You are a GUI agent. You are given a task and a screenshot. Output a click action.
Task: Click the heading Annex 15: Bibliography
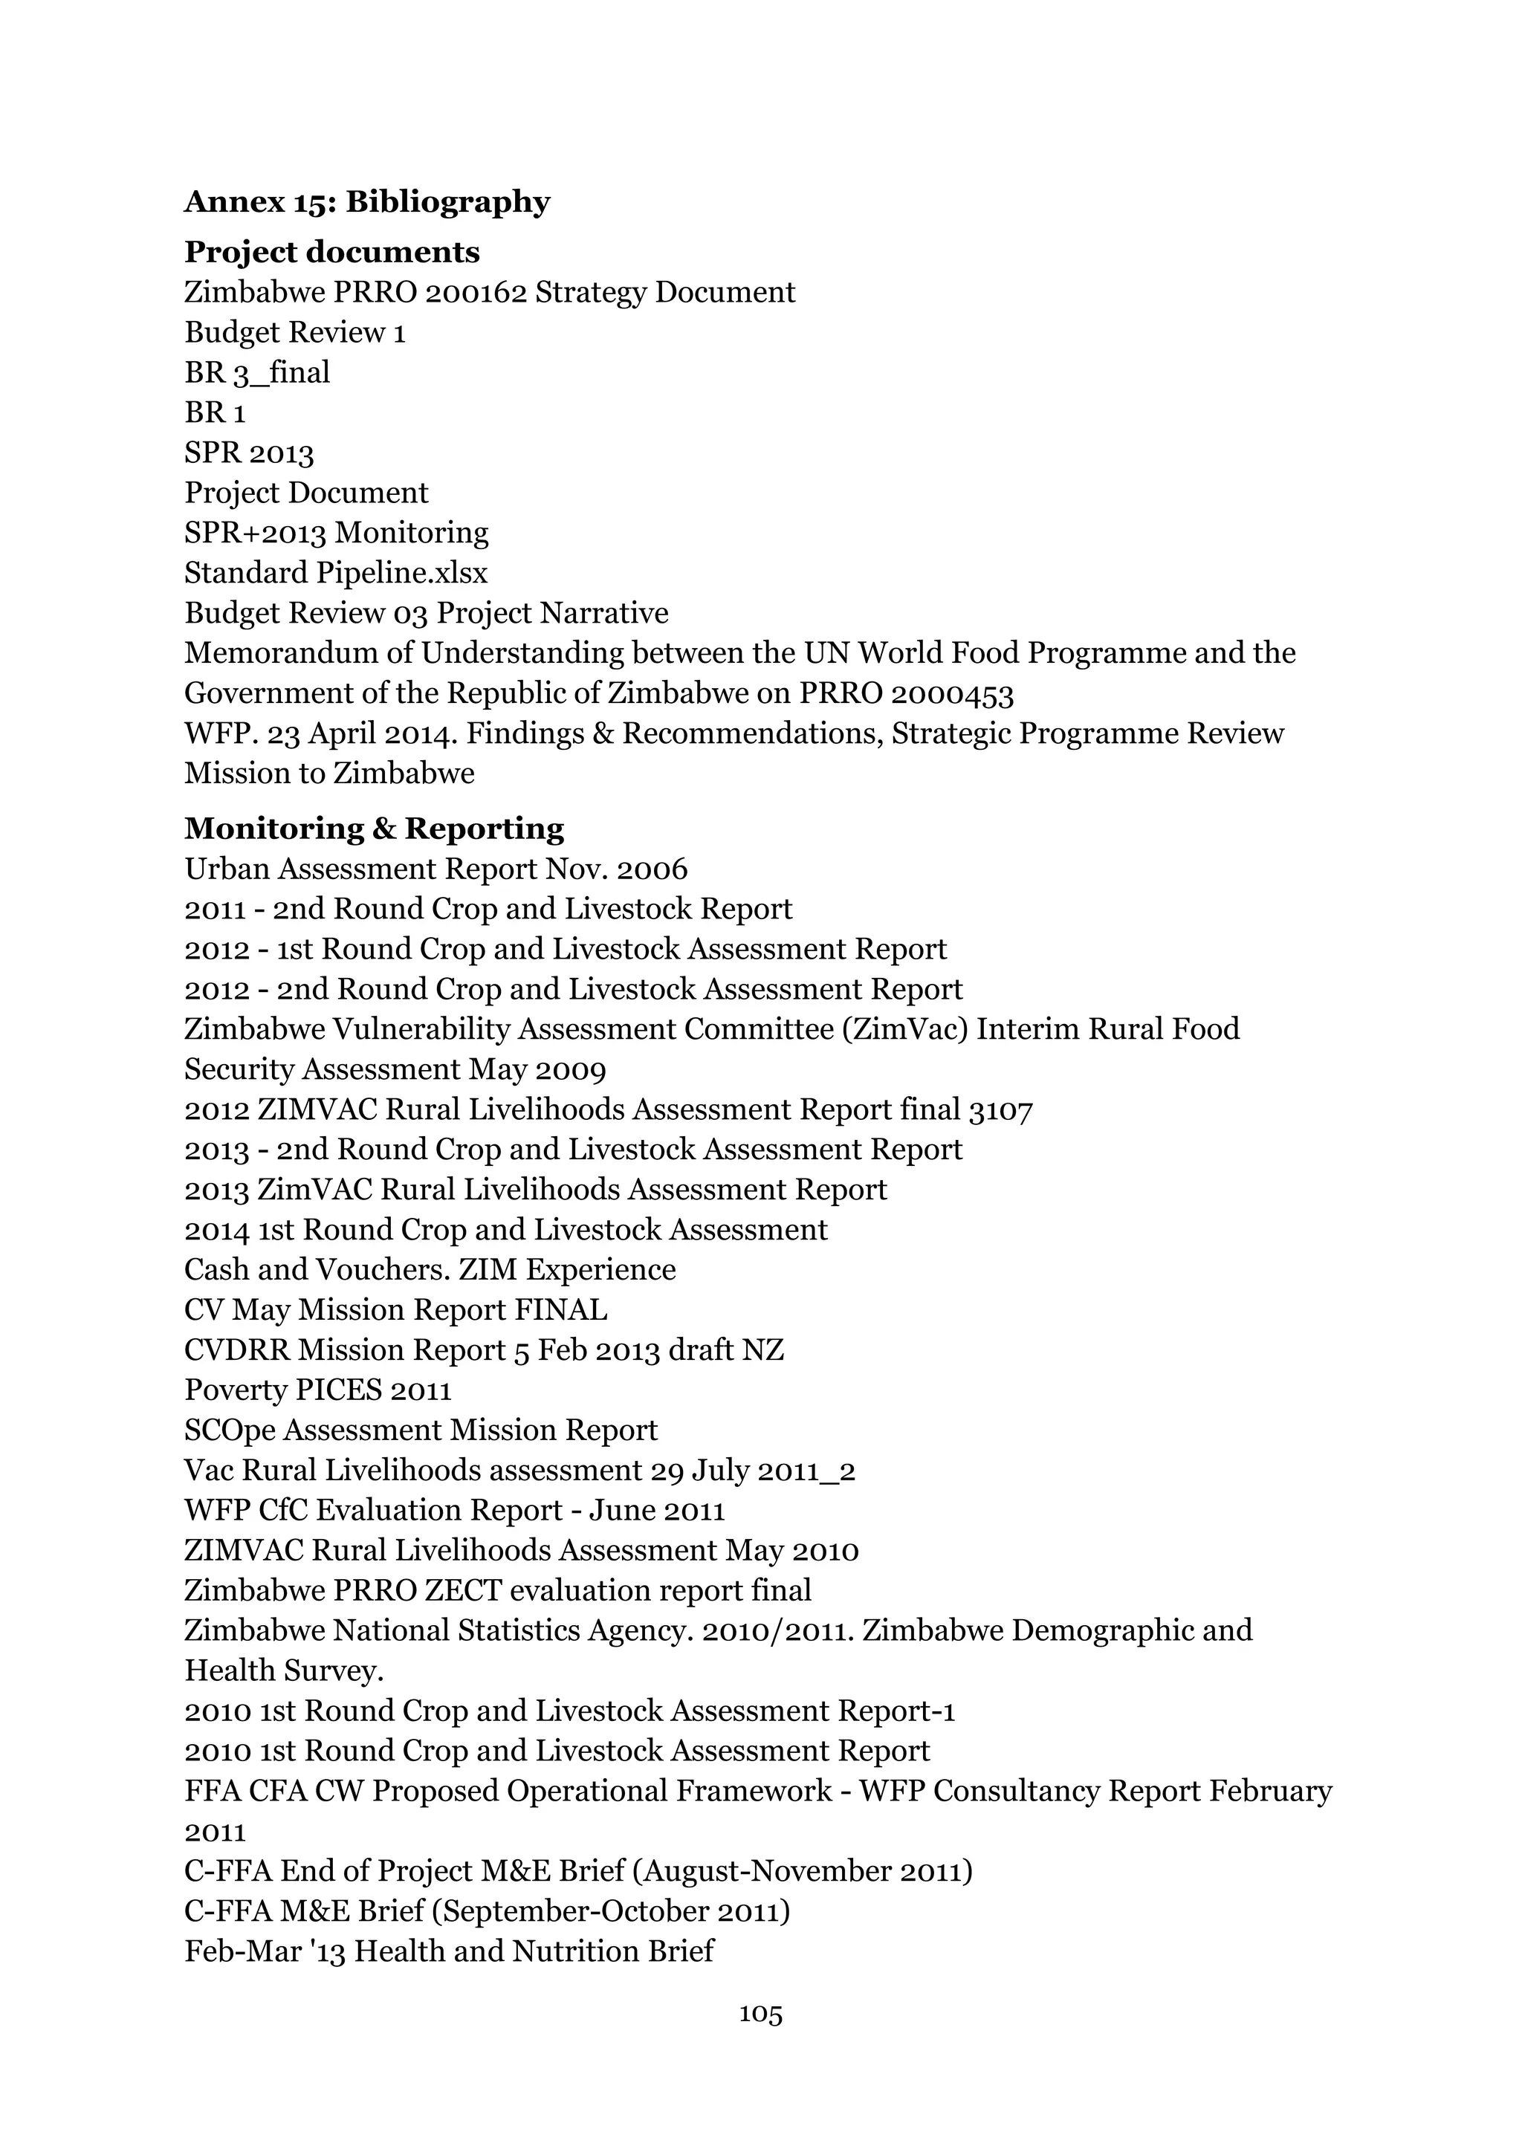coord(366,201)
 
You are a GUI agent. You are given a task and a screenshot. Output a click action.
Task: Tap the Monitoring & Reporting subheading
coord(374,829)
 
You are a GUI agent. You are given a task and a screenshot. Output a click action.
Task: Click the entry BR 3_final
coord(257,373)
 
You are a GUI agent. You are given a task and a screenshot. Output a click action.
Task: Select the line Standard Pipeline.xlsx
coord(335,573)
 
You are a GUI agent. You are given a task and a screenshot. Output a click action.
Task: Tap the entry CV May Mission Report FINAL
coord(395,1310)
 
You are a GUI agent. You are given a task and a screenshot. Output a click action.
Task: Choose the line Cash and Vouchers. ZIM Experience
coord(430,1270)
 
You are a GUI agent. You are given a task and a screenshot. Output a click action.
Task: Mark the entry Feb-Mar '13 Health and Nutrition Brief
coord(448,1952)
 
